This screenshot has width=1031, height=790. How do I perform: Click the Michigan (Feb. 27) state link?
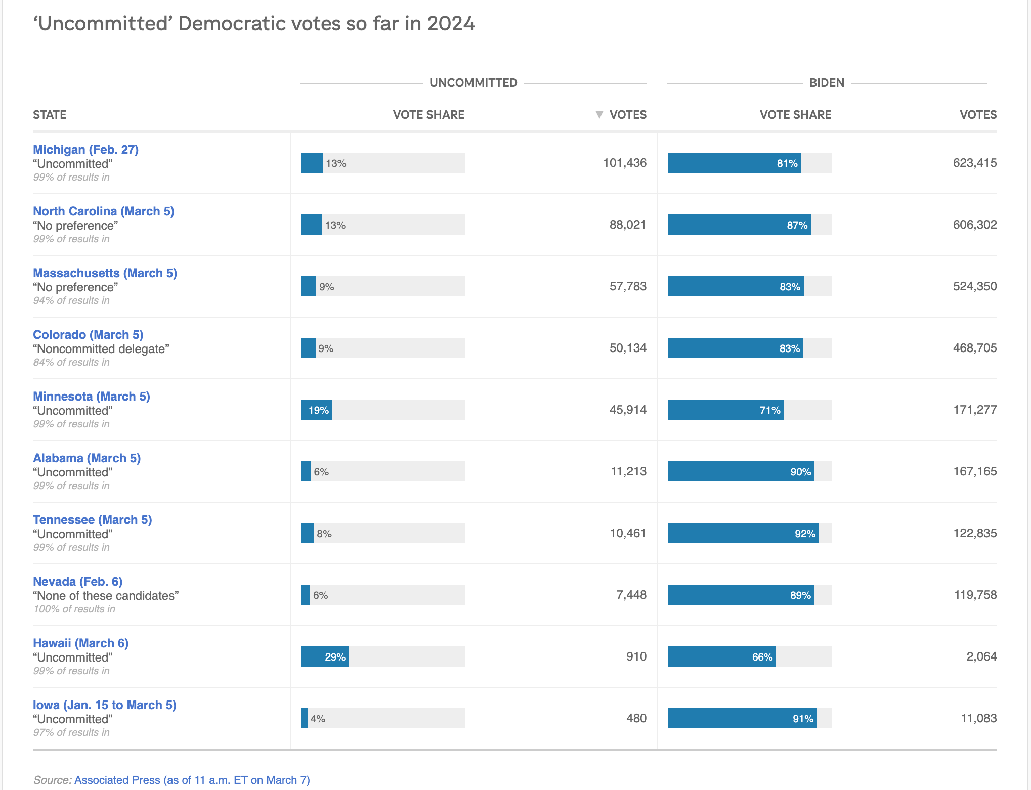[85, 150]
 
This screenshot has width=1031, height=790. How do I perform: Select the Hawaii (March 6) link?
[80, 643]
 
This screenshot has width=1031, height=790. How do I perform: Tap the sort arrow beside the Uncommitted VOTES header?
[599, 115]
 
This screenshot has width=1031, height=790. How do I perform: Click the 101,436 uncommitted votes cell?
[625, 163]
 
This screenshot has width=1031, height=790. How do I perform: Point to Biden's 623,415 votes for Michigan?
[975, 163]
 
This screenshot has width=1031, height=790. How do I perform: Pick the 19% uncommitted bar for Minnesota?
[317, 410]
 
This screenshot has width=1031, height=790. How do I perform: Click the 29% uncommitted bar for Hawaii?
[325, 656]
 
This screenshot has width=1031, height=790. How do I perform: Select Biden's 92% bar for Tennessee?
[743, 533]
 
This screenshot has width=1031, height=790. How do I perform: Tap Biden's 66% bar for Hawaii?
[722, 656]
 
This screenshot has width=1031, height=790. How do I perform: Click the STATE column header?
[50, 115]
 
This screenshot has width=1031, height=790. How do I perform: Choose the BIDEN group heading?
[827, 83]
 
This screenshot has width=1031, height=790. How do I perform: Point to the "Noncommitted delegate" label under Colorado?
[101, 349]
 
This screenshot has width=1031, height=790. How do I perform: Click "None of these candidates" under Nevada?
[106, 596]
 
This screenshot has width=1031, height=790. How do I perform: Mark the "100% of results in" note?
[74, 609]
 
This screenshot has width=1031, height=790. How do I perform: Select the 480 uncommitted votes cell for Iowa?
[636, 718]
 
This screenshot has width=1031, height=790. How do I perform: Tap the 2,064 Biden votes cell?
[981, 656]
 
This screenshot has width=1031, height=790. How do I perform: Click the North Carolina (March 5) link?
[104, 211]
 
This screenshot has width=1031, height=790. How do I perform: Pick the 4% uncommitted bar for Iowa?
[304, 718]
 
